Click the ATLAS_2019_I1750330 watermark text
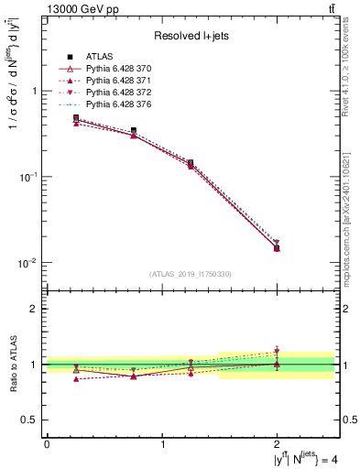pyautogui.click(x=190, y=273)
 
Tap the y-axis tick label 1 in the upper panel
pyautogui.click(x=35, y=91)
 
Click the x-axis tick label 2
pyautogui.click(x=277, y=444)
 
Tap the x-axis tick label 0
pyautogui.click(x=47, y=444)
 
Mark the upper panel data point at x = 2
pyautogui.click(x=277, y=248)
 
